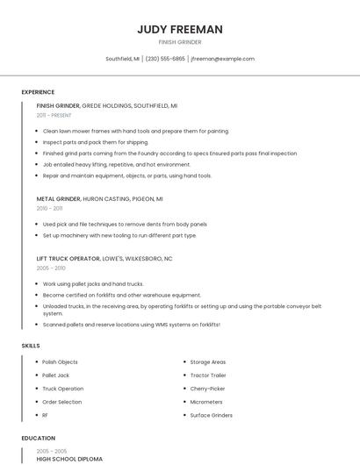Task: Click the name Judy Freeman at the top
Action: click(179, 29)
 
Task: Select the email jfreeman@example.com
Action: click(222, 59)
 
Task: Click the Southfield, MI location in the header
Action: click(122, 59)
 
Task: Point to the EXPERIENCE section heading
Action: click(38, 92)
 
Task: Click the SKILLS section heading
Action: click(31, 346)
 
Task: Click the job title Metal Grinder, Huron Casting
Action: click(99, 199)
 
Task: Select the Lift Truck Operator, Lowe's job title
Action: click(104, 259)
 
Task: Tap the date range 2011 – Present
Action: click(54, 115)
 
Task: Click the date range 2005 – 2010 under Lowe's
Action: click(51, 268)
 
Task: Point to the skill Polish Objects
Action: click(60, 361)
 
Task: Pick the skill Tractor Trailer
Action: click(208, 375)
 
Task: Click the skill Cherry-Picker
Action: click(207, 388)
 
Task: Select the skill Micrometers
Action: click(207, 402)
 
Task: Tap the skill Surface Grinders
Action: click(211, 415)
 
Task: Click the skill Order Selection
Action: click(61, 402)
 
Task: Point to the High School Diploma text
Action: click(69, 459)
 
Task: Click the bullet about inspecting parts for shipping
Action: click(96, 142)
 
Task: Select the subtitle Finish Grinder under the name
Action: click(179, 42)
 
